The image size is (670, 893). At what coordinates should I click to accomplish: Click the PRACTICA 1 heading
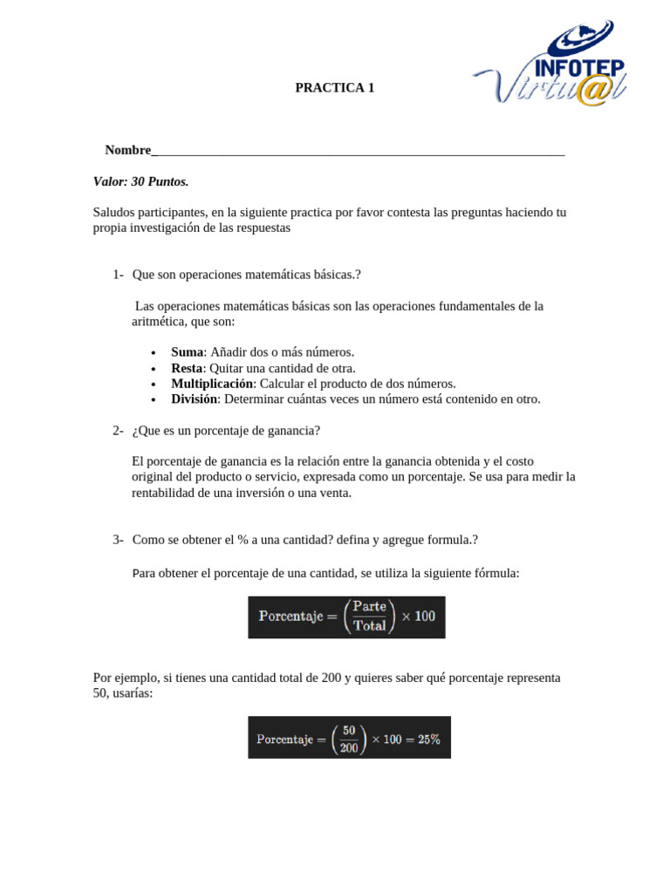[x=334, y=87]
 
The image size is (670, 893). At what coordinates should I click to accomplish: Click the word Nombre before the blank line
[x=127, y=150]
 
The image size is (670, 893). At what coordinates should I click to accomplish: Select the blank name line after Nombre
[x=358, y=151]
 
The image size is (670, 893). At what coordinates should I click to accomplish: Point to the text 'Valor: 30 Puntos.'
[x=140, y=181]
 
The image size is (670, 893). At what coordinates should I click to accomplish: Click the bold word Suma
[x=187, y=352]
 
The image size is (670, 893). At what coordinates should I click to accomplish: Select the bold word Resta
[x=187, y=368]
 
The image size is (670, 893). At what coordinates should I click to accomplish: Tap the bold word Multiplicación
[x=211, y=384]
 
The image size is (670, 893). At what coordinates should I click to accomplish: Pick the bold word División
[x=194, y=399]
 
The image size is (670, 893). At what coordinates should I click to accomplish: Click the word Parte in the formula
[x=369, y=607]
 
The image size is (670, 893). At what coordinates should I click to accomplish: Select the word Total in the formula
[x=369, y=626]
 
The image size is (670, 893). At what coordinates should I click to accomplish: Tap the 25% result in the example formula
[x=428, y=739]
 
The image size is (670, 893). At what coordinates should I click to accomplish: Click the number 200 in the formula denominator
[x=349, y=747]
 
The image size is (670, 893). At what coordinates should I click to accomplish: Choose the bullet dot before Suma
[x=153, y=353]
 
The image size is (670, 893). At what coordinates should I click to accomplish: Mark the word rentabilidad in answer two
[x=163, y=493]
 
